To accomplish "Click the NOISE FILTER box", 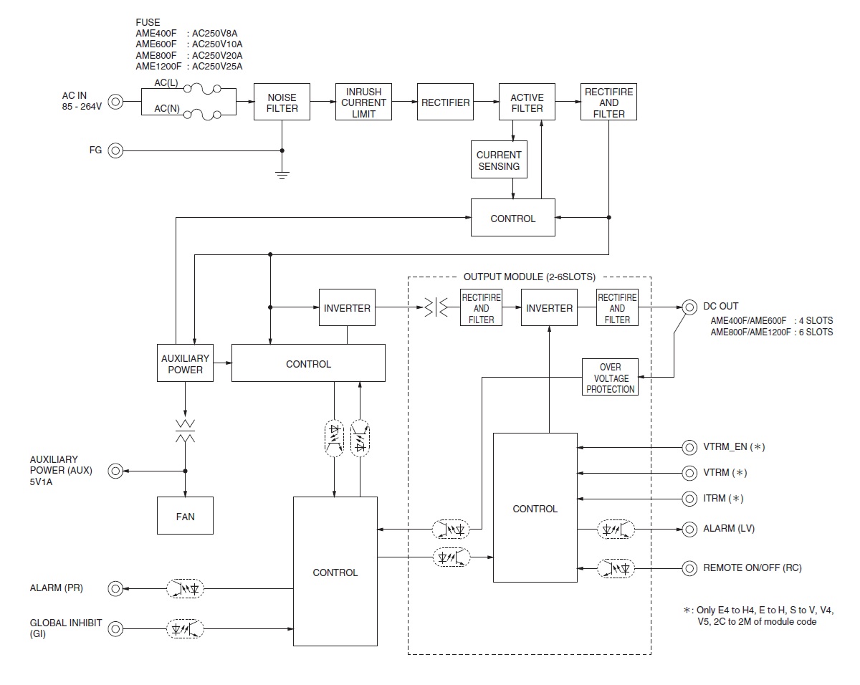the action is [282, 102].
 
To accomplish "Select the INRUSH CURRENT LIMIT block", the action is [363, 102].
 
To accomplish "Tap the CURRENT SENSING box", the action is [499, 160].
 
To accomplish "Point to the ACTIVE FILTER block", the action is [527, 102].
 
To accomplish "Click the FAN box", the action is [185, 516].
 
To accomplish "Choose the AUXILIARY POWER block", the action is [185, 363].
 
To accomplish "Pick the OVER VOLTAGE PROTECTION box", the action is [610, 377].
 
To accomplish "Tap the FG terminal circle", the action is [115, 150].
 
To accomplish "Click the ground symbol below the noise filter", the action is [282, 175].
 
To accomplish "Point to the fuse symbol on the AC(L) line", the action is [202, 89].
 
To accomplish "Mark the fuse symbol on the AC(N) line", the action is [202, 115].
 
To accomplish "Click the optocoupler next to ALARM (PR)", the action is [185, 588].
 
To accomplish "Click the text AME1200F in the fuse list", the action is [158, 67].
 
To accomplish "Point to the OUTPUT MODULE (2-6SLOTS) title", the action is [529, 277].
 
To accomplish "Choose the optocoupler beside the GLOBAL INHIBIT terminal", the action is [185, 628].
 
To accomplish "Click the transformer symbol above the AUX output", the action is [185, 431].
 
